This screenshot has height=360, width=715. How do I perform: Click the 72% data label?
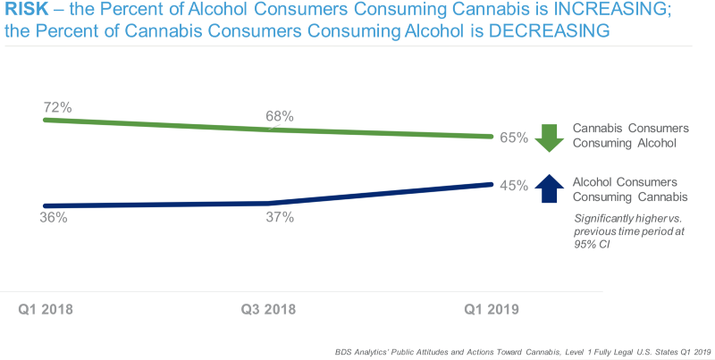coord(57,107)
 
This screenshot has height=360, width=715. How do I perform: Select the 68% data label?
coord(280,116)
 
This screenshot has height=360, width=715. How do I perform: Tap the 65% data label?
coord(514,138)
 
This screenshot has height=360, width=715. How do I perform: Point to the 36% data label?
coord(54,217)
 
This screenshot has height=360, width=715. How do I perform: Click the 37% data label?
coord(280,217)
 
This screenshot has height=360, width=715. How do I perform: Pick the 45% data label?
coord(514,186)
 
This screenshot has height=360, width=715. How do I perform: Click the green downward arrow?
coord(549,137)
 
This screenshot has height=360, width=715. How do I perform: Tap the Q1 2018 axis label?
coord(46,309)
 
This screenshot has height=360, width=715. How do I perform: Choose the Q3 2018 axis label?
coord(269,309)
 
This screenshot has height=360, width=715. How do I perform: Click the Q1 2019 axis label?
coord(490,309)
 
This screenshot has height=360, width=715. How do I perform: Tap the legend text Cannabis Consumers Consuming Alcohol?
coord(624,135)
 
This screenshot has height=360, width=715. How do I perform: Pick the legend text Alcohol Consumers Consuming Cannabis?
coord(624,188)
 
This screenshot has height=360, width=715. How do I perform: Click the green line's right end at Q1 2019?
coord(492,137)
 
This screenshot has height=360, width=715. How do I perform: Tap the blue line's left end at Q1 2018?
coord(46,205)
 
